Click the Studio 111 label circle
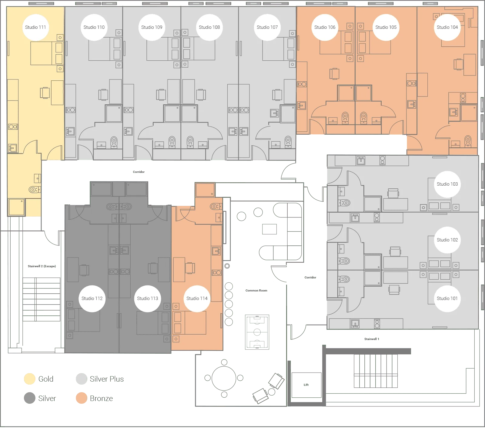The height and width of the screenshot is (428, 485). (35, 27)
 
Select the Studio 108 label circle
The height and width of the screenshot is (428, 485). (209, 27)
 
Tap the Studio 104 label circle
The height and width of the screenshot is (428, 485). (447, 27)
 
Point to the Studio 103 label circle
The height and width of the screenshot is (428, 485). (447, 184)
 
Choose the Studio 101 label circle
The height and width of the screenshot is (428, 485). (447, 298)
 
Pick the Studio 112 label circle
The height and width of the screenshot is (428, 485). (92, 298)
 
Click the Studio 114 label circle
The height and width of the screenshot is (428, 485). (197, 298)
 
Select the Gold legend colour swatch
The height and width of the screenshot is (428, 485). (30, 379)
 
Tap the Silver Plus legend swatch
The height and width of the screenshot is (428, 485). (82, 379)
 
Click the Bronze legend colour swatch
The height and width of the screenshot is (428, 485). (82, 398)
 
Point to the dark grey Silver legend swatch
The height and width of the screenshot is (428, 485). (30, 398)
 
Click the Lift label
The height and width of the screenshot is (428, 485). (306, 385)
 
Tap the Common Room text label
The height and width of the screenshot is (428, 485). (256, 291)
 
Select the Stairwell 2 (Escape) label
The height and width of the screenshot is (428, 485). (42, 266)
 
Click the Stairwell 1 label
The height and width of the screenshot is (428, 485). (372, 339)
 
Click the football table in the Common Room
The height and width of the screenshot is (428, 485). (257, 332)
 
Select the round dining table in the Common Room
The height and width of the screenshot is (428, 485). (224, 378)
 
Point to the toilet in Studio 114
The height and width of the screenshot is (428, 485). (215, 207)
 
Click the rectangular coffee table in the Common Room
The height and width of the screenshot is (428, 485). (269, 229)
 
